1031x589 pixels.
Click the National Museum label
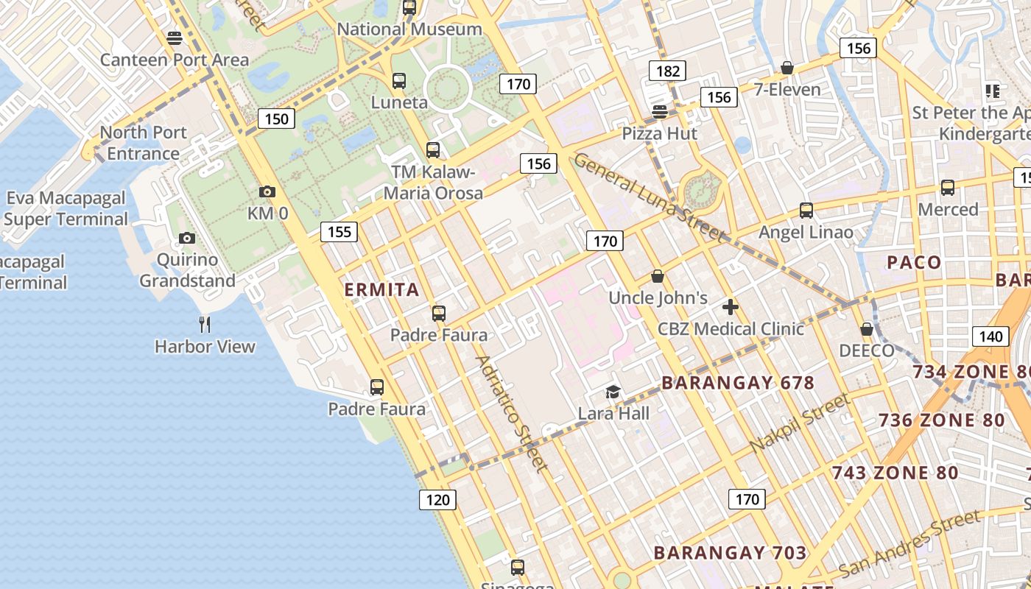[409, 29]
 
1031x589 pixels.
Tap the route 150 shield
[276, 119]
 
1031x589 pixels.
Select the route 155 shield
[339, 232]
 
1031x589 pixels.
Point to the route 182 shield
[667, 71]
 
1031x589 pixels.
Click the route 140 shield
[990, 336]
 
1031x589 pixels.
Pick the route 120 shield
[437, 500]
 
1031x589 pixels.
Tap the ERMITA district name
[381, 289]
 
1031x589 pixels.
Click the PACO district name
[914, 262]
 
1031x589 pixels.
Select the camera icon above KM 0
[267, 192]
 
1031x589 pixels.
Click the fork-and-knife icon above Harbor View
[205, 323]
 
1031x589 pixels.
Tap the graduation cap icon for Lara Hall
[613, 392]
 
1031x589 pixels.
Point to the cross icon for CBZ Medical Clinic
[730, 307]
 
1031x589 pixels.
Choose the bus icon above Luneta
[399, 80]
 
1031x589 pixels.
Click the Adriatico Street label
[512, 414]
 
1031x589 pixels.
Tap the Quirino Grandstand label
[187, 270]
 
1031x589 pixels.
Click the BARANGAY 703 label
[730, 552]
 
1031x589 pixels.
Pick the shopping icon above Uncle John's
[658, 276]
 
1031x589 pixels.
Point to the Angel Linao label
[806, 233]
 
